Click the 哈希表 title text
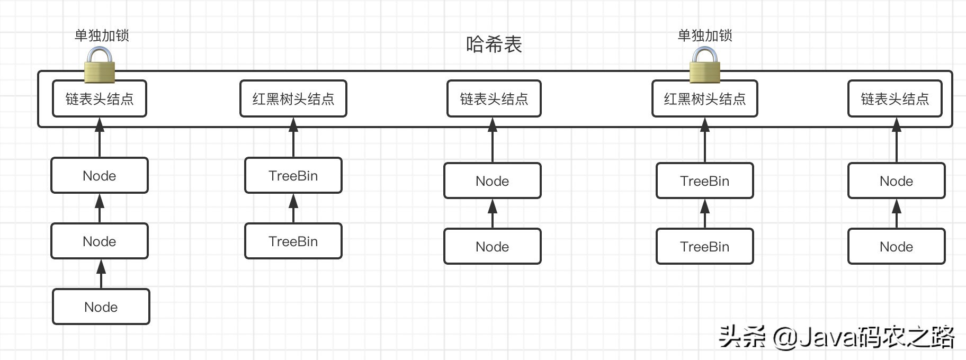(494, 44)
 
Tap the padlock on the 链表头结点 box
(100, 66)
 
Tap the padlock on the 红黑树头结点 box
(704, 66)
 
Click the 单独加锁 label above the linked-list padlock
(102, 35)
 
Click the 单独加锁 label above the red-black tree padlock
(705, 35)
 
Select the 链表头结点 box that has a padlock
(100, 99)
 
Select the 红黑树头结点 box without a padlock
(293, 99)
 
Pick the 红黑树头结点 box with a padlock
(704, 99)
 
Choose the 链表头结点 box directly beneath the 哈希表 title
(494, 99)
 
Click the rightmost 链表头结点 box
(895, 99)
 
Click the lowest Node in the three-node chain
(101, 307)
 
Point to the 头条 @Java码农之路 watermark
(837, 337)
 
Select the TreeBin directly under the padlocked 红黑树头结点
(704, 181)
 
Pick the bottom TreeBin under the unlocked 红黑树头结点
(293, 241)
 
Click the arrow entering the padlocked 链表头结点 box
(100, 137)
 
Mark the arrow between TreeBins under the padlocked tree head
(704, 213)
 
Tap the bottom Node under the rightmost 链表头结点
(896, 247)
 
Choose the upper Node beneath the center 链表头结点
(492, 181)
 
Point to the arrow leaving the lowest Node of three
(101, 274)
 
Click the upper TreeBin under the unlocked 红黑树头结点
(293, 176)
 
